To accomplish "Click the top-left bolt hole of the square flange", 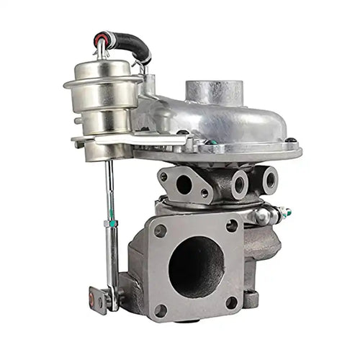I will [160, 230].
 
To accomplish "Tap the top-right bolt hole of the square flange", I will [232, 225].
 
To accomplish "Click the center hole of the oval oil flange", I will [185, 184].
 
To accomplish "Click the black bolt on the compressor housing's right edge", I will [291, 140].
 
